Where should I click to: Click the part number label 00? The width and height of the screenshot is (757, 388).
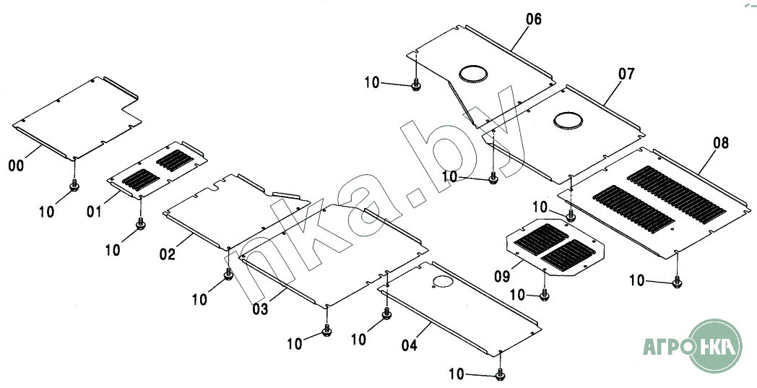[x=15, y=166]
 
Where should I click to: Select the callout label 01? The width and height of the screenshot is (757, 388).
[x=94, y=212]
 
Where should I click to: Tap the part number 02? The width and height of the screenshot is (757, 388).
[x=168, y=254]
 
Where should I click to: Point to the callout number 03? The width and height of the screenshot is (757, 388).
[x=260, y=309]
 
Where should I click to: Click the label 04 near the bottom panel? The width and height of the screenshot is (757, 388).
[x=409, y=345]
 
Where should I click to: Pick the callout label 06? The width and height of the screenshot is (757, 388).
[x=533, y=20]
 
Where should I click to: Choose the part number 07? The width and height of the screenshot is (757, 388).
[x=626, y=73]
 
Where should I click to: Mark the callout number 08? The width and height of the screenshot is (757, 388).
[x=721, y=143]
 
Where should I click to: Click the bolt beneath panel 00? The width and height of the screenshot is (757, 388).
[x=74, y=187]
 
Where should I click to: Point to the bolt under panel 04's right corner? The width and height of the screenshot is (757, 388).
[x=501, y=374]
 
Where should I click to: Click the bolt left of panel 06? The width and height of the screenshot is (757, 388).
[x=416, y=86]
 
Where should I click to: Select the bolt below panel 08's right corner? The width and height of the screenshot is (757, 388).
[x=677, y=282]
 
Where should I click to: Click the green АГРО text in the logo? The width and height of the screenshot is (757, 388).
[x=665, y=347]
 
